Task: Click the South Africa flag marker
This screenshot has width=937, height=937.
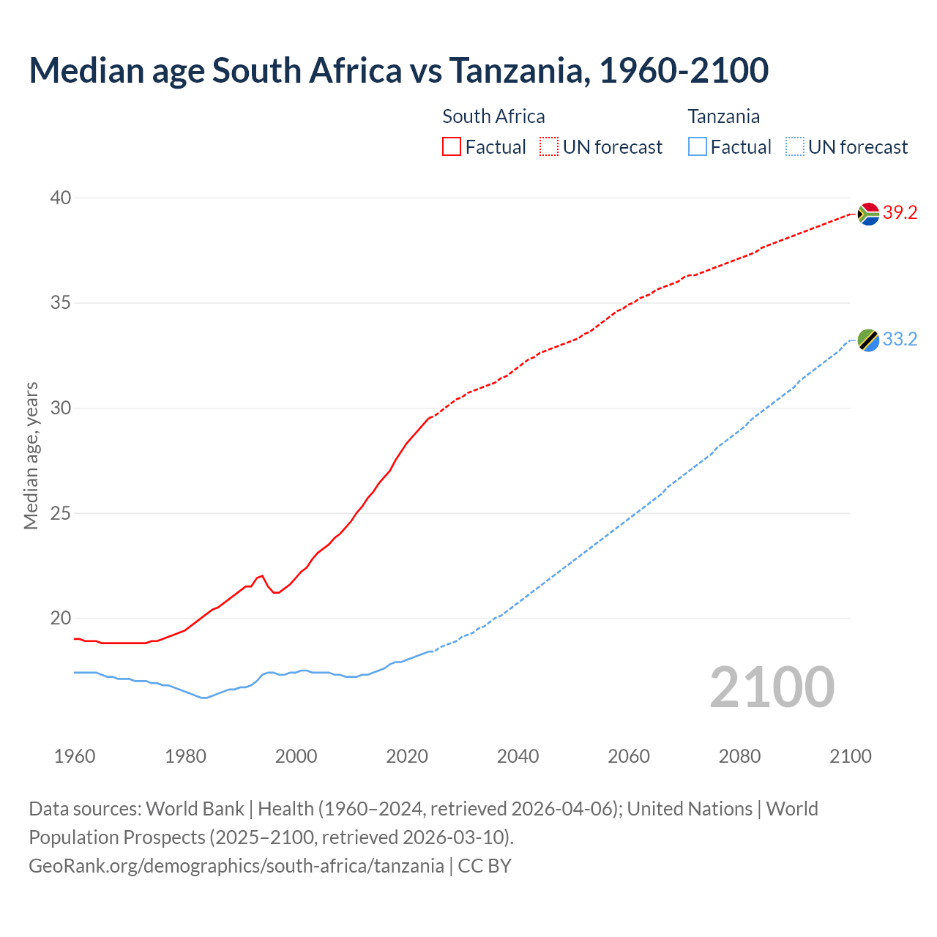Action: tap(868, 214)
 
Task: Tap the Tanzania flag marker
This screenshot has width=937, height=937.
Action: tap(868, 340)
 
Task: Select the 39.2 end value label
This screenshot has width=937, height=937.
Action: tap(900, 213)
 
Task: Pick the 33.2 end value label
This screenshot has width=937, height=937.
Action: tap(900, 340)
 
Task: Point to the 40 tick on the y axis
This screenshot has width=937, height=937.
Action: tap(61, 198)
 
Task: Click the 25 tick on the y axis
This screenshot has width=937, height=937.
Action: tap(61, 513)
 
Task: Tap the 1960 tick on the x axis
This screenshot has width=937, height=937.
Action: tap(75, 756)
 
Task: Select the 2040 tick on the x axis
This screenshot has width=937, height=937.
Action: tap(518, 756)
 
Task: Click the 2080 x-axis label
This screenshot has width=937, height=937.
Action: tap(739, 756)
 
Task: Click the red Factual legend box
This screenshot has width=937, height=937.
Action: tap(452, 147)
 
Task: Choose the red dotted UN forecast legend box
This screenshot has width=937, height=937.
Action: tap(549, 147)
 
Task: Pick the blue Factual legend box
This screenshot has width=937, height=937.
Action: tap(698, 147)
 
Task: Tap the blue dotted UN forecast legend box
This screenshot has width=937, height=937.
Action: tap(795, 147)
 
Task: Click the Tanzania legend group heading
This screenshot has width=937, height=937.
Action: tap(723, 116)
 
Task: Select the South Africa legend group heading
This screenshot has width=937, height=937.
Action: tap(493, 116)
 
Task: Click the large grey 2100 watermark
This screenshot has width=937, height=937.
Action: tap(772, 687)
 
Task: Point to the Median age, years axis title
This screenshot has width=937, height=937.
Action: tap(31, 455)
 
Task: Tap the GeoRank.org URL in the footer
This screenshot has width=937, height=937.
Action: tap(236, 866)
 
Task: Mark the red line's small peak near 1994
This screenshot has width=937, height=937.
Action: tap(262, 576)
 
